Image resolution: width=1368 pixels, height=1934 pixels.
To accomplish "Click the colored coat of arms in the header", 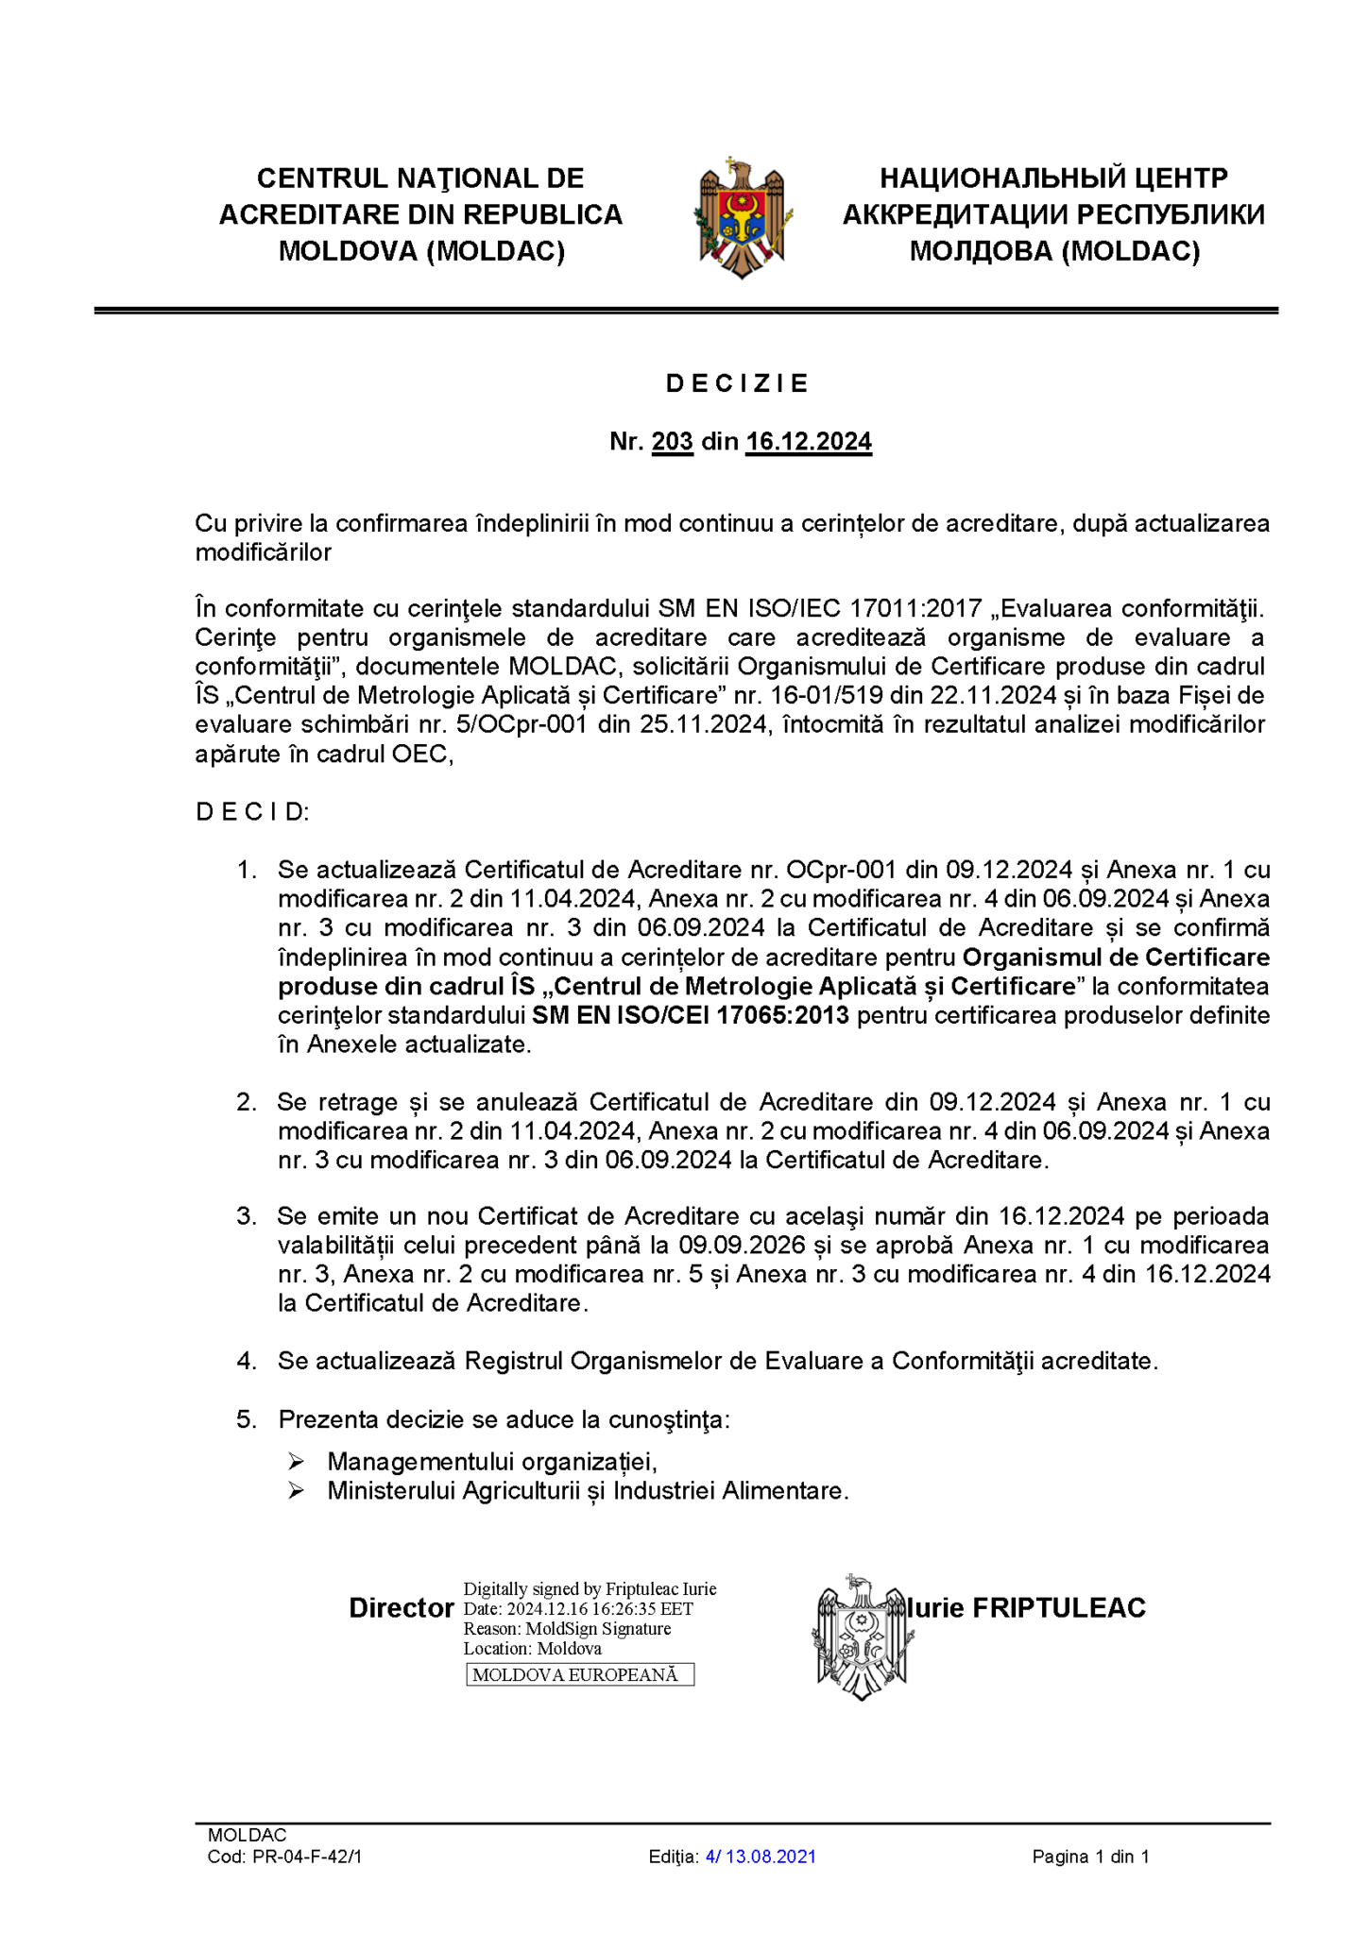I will (743, 218).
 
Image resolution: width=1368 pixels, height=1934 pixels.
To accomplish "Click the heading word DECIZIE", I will (738, 383).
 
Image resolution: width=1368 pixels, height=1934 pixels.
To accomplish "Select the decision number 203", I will (672, 442).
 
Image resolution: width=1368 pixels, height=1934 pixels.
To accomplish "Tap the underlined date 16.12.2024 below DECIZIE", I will (808, 442).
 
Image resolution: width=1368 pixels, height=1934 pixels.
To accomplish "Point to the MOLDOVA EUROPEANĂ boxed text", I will (579, 1675).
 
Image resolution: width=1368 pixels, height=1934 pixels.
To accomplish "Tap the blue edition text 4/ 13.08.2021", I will (761, 1857).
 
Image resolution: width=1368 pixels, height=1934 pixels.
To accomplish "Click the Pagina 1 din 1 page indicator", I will (1090, 1857).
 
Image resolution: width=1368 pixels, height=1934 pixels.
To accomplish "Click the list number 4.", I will (246, 1361).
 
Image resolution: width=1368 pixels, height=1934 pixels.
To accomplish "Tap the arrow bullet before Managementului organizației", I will (297, 1462).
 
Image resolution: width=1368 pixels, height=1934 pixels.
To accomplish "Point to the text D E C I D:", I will (252, 812).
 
